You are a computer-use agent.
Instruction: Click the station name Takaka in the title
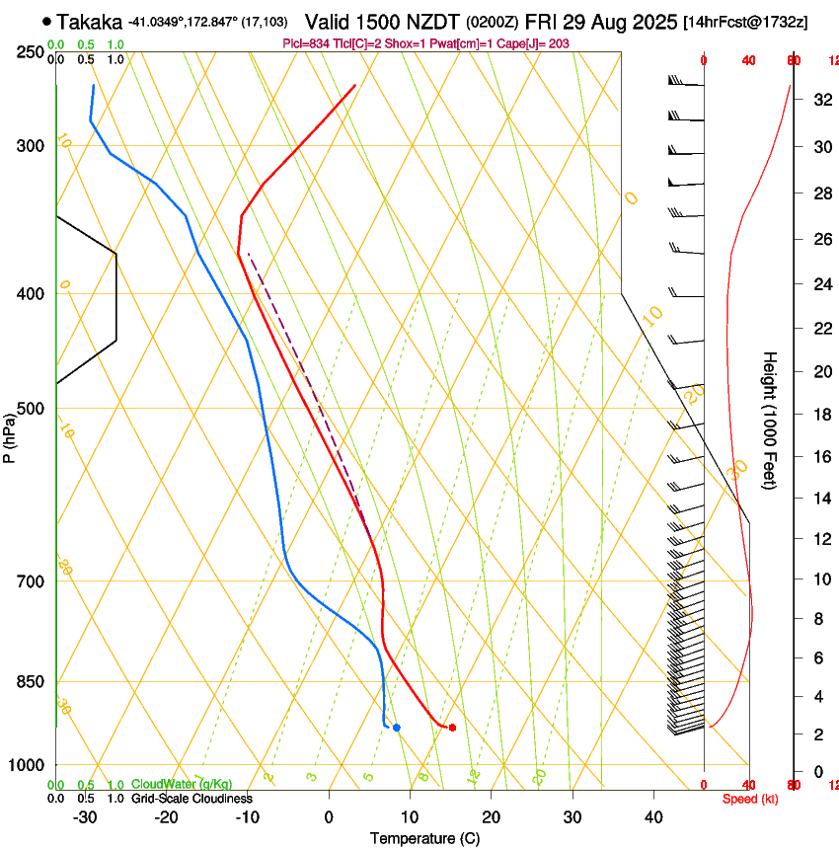[90, 22]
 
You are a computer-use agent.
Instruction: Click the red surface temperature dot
[452, 728]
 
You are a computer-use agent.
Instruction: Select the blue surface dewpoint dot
[397, 728]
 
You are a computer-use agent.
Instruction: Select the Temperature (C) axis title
[424, 839]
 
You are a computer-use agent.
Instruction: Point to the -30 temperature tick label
[85, 817]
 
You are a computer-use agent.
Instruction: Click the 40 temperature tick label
[653, 817]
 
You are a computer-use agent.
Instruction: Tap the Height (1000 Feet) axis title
[771, 420]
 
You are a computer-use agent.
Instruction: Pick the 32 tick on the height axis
[820, 99]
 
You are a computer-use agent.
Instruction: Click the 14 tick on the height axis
[820, 499]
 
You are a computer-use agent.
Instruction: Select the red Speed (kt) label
[749, 799]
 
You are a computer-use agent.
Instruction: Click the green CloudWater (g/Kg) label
[182, 784]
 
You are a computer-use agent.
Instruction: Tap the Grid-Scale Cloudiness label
[191, 799]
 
